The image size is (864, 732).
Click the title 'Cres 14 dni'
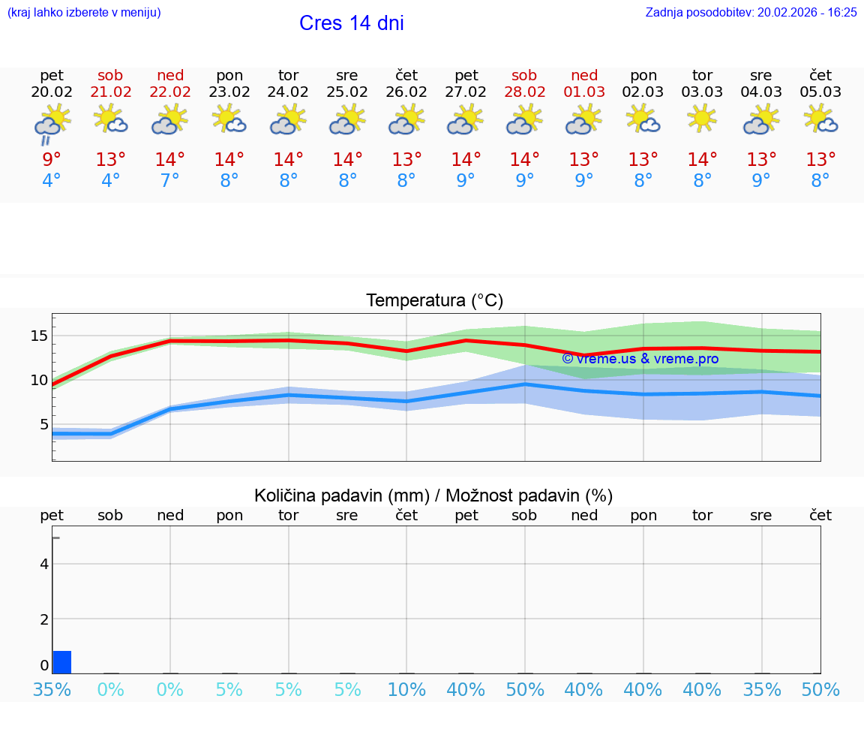pos(351,23)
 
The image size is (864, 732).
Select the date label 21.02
pos(111,92)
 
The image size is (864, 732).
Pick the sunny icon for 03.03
pos(702,119)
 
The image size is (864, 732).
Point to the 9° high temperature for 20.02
pos(52,160)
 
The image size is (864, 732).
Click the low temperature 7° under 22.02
pos(170,181)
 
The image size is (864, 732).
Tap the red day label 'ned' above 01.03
pos(584,75)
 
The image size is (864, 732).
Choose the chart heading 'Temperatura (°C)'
pos(434,301)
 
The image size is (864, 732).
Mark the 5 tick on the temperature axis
pos(43,424)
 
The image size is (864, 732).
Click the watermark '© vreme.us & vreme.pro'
pos(640,359)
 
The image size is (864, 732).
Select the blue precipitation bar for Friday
pos(62,662)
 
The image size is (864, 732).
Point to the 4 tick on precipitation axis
pos(44,564)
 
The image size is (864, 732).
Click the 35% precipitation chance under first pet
pos(52,689)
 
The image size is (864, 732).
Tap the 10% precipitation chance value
pos(406,689)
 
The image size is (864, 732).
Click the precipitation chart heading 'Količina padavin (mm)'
pos(341,496)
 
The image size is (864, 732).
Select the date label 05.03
pos(820,92)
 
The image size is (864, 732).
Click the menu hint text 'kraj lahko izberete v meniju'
pos(84,13)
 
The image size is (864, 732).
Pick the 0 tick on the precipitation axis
pos(44,666)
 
